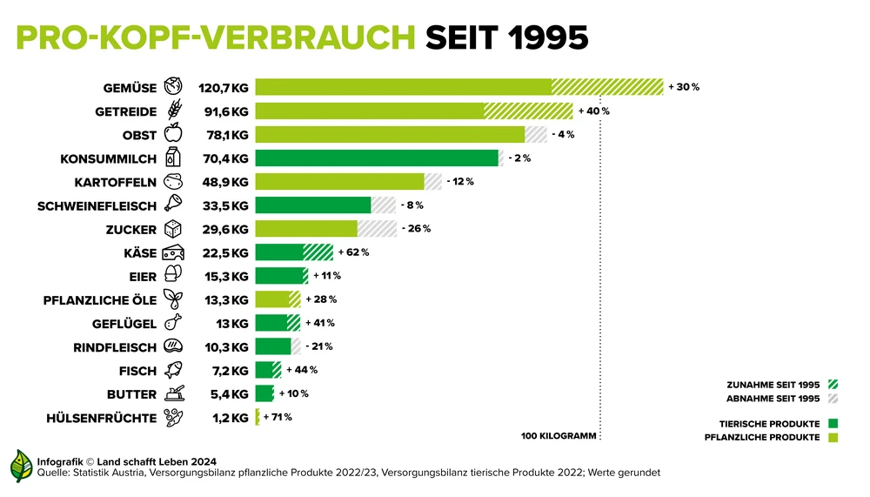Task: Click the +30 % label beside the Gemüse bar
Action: click(x=684, y=87)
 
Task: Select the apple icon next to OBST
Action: click(x=174, y=135)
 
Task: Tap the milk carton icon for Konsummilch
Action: click(x=174, y=158)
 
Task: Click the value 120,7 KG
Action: click(x=224, y=88)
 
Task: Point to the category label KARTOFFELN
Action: click(x=115, y=182)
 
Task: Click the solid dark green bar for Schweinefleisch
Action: click(x=313, y=205)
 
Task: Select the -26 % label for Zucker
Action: click(x=416, y=229)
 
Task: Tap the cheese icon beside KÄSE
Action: click(x=174, y=252)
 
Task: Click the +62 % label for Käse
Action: click(x=353, y=252)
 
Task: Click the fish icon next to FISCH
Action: click(x=174, y=370)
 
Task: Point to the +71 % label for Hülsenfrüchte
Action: click(x=277, y=417)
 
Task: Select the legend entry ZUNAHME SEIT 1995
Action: click(x=773, y=384)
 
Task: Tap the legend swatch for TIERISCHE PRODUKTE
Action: click(x=833, y=423)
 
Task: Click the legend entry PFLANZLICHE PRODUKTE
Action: click(x=761, y=437)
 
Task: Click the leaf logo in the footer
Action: click(x=22, y=466)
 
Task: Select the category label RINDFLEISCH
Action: click(x=116, y=346)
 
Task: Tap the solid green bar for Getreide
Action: click(x=370, y=111)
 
